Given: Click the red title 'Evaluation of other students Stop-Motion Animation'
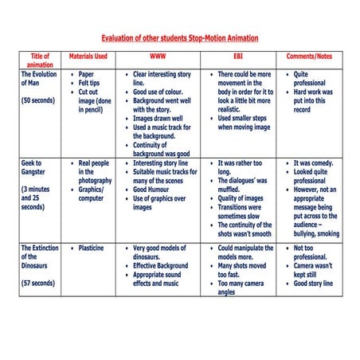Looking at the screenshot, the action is [x=180, y=37].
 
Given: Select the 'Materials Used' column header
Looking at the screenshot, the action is [x=88, y=57].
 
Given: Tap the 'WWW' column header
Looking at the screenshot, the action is [x=158, y=57].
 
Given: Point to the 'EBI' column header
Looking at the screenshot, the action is [x=238, y=57].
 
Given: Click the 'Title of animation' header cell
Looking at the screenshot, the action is [x=40, y=61].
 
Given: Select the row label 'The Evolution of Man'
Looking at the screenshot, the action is [x=39, y=79].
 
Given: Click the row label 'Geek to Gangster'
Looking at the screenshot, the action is [x=37, y=167].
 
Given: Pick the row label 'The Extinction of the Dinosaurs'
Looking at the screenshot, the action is [x=39, y=256].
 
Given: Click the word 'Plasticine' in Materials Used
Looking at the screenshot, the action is [x=95, y=248].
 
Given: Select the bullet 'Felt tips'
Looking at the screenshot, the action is [x=89, y=83].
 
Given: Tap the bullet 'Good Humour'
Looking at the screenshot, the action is [x=151, y=190].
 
